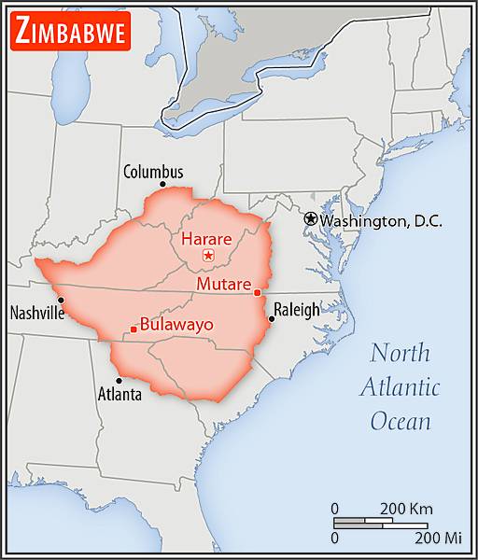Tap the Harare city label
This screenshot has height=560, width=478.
206,238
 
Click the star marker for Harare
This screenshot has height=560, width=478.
209,255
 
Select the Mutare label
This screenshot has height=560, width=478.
223,284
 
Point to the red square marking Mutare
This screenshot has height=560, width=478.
257,293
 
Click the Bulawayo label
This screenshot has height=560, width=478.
176,325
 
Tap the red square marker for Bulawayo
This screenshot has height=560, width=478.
134,329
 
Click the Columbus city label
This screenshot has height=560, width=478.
153,172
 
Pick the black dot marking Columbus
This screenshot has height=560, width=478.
162,184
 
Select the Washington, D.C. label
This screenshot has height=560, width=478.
382,221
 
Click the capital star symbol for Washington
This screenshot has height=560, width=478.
311,218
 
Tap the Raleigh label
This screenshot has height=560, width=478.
296,310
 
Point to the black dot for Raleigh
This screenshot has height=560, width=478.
271,319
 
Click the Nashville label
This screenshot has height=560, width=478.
36,314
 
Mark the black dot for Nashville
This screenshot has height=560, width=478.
61,300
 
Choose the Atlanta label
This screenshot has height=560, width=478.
119,395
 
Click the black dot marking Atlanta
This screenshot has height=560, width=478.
119,380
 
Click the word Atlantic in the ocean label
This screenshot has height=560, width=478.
401,387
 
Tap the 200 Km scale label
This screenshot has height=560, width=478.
405,509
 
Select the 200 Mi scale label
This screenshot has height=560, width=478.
439,539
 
